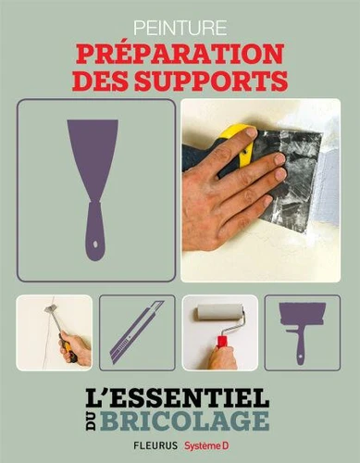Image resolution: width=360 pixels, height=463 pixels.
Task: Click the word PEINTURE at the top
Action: [180, 28]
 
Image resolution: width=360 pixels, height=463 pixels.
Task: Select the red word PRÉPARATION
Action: [180, 54]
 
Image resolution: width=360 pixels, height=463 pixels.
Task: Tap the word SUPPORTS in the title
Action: [211, 81]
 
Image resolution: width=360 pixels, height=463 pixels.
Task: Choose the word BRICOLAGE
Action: [185, 420]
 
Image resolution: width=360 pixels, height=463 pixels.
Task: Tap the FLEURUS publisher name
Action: [155, 445]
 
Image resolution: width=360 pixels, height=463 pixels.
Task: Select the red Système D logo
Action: [207, 445]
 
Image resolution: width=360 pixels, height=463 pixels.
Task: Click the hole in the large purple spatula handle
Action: [95, 244]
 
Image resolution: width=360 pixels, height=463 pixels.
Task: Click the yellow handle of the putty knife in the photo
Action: [238, 145]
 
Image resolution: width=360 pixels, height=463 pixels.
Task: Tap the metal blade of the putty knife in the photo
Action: [289, 176]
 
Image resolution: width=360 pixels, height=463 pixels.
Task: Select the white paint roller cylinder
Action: [218, 312]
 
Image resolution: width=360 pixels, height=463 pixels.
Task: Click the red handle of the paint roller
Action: [222, 342]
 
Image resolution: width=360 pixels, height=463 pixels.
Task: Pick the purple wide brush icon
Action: [302, 332]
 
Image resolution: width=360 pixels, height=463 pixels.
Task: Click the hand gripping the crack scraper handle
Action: [75, 349]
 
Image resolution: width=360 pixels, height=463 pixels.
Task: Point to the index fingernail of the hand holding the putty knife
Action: [251, 133]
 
